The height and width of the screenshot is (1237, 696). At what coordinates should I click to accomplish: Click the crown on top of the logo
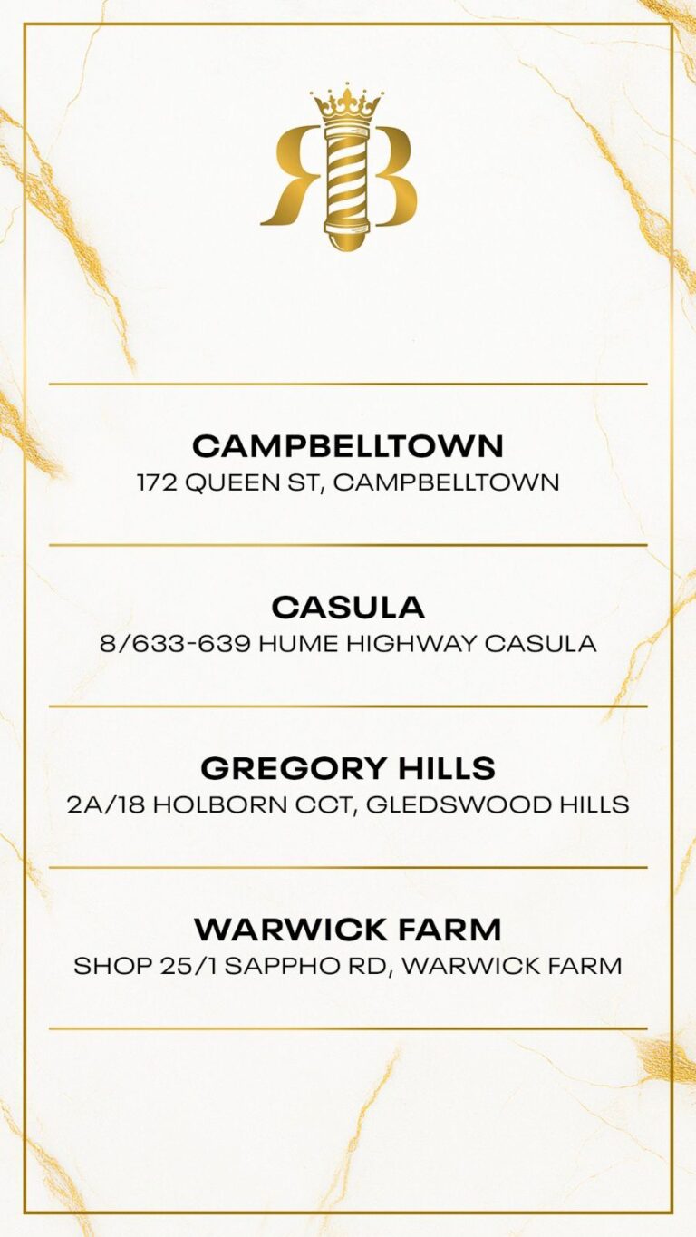click(x=347, y=106)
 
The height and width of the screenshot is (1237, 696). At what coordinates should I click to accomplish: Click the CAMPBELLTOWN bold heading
click(x=348, y=445)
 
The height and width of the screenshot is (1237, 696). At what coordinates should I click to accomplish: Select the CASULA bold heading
click(x=348, y=607)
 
